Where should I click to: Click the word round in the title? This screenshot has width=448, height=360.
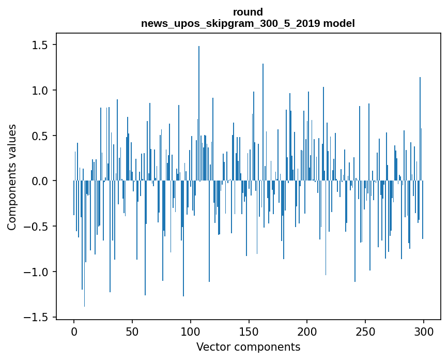pos(248,12)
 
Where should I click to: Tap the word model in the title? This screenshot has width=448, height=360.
pos(339,23)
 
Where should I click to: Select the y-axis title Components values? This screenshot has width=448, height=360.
pos(12,177)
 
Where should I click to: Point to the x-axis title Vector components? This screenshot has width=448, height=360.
pos(248,347)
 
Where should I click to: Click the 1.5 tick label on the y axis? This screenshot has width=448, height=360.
pos(41,45)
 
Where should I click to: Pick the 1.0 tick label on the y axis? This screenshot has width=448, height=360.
pos(41,91)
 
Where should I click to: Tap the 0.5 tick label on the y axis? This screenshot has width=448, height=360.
pos(41,136)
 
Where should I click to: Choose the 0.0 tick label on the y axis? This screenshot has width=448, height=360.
pos(41,181)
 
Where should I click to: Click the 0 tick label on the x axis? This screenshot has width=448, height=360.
pos(74,331)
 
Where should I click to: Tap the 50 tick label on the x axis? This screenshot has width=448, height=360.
pos(132,331)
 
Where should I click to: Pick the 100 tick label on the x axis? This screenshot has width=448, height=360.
pos(191,331)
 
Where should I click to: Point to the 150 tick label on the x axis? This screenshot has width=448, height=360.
pos(249,331)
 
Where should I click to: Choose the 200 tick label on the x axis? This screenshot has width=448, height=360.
pos(307,331)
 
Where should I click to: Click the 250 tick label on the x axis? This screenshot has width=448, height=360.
pos(365,331)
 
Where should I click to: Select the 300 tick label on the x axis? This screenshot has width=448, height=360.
pos(424,331)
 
